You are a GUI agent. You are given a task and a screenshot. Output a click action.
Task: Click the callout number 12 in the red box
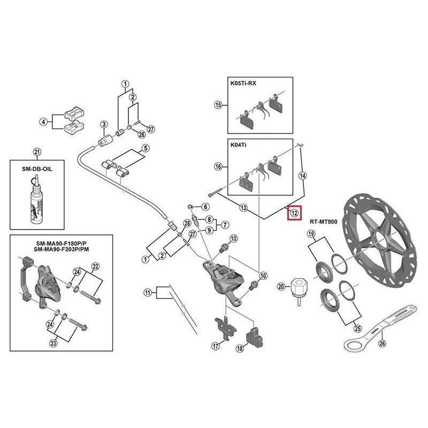pos(294,213)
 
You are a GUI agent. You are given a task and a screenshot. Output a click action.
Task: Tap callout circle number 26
pos(381,344)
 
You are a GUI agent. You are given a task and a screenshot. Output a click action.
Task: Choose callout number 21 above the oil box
pos(36,152)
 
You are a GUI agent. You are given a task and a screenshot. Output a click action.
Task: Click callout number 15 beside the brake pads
pos(218,105)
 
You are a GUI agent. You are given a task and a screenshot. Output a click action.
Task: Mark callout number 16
pos(218,167)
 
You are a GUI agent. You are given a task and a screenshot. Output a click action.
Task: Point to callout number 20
pos(281,287)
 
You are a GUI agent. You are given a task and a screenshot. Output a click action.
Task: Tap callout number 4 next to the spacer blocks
pos(43,123)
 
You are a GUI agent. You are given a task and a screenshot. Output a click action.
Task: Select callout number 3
pos(104,125)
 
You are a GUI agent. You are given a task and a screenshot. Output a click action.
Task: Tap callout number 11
pos(148,292)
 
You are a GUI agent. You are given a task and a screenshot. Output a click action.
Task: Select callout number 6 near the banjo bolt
pos(205,207)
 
